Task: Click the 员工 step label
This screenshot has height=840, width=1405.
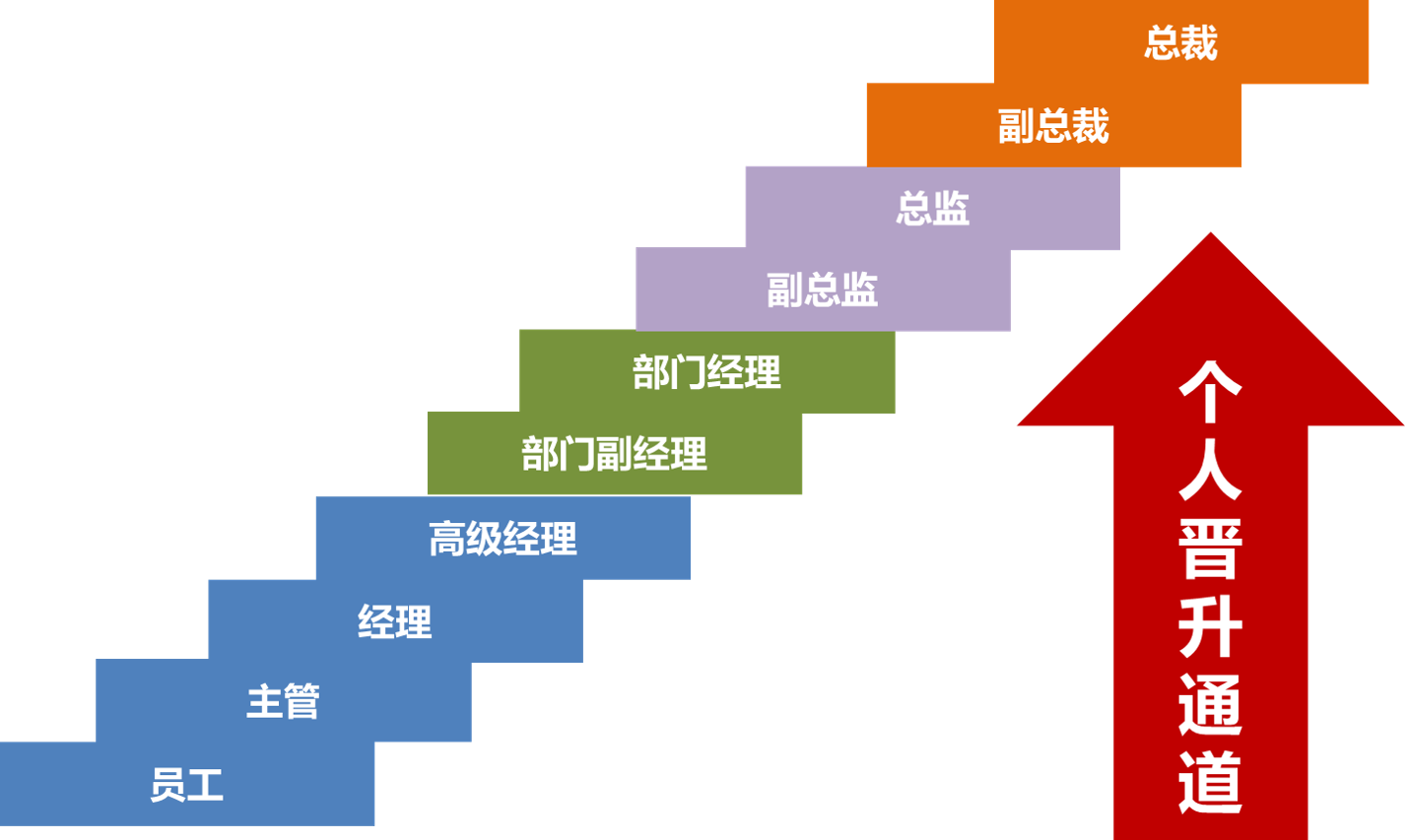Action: click(187, 784)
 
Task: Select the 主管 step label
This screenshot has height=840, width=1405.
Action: click(283, 701)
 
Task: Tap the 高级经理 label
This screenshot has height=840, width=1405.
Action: click(503, 539)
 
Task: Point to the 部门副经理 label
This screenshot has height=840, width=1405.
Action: click(614, 454)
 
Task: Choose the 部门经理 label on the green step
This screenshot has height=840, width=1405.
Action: click(706, 371)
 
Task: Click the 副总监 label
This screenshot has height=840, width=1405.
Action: click(823, 290)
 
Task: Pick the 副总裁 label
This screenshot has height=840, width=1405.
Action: click(1054, 125)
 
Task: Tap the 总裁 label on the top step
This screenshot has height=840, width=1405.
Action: click(1181, 42)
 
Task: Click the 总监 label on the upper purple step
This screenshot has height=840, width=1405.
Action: click(933, 208)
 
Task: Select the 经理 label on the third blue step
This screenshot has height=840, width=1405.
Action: click(394, 621)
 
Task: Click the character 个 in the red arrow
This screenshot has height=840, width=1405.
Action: click(1211, 392)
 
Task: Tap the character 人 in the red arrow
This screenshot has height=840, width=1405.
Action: click(1211, 470)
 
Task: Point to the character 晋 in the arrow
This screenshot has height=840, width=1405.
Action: click(1211, 549)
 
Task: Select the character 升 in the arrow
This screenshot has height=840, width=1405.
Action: click(1211, 627)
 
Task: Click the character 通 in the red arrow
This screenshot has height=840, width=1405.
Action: click(1211, 705)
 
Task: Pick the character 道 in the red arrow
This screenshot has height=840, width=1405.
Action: click(1211, 782)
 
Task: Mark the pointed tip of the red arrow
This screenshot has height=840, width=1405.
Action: click(1211, 233)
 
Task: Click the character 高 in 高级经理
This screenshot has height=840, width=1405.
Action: click(447, 539)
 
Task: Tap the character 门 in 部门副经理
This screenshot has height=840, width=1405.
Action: click(576, 454)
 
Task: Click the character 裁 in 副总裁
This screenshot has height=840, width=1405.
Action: click(1091, 125)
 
